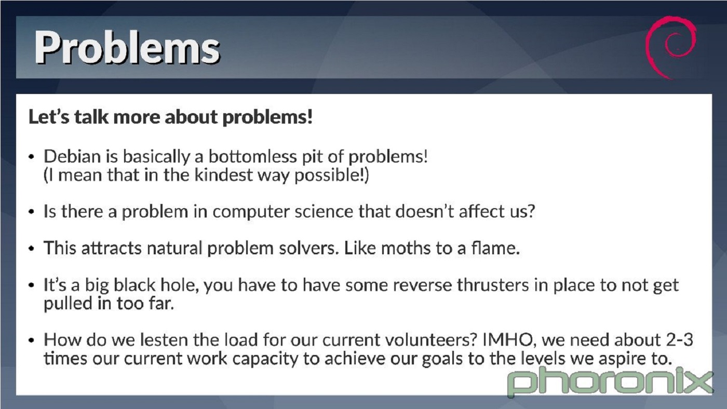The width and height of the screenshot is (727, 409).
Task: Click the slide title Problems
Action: (127, 48)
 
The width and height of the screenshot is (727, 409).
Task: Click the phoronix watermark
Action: (610, 382)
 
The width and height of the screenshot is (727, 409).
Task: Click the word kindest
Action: (223, 175)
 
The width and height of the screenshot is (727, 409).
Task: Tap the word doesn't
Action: (424, 211)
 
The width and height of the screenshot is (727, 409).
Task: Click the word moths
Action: (406, 248)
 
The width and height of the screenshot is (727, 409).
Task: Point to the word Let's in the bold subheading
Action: (49, 117)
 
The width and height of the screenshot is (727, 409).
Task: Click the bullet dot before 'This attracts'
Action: (31, 249)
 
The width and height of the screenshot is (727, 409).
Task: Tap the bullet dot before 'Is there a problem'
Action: (31, 212)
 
